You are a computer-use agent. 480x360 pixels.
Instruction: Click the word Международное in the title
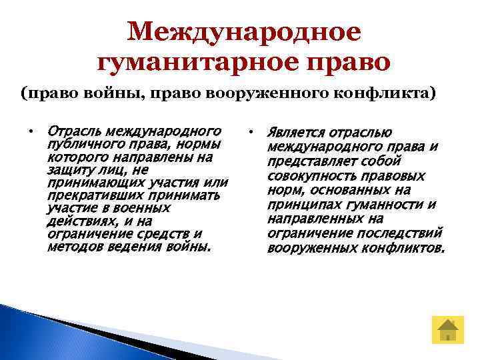pyautogui.click(x=244, y=31)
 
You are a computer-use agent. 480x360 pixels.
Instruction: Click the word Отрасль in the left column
pyautogui.click(x=73, y=129)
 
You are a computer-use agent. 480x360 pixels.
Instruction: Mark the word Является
pyautogui.click(x=295, y=133)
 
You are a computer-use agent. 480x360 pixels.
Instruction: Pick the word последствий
pyautogui.click(x=407, y=233)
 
